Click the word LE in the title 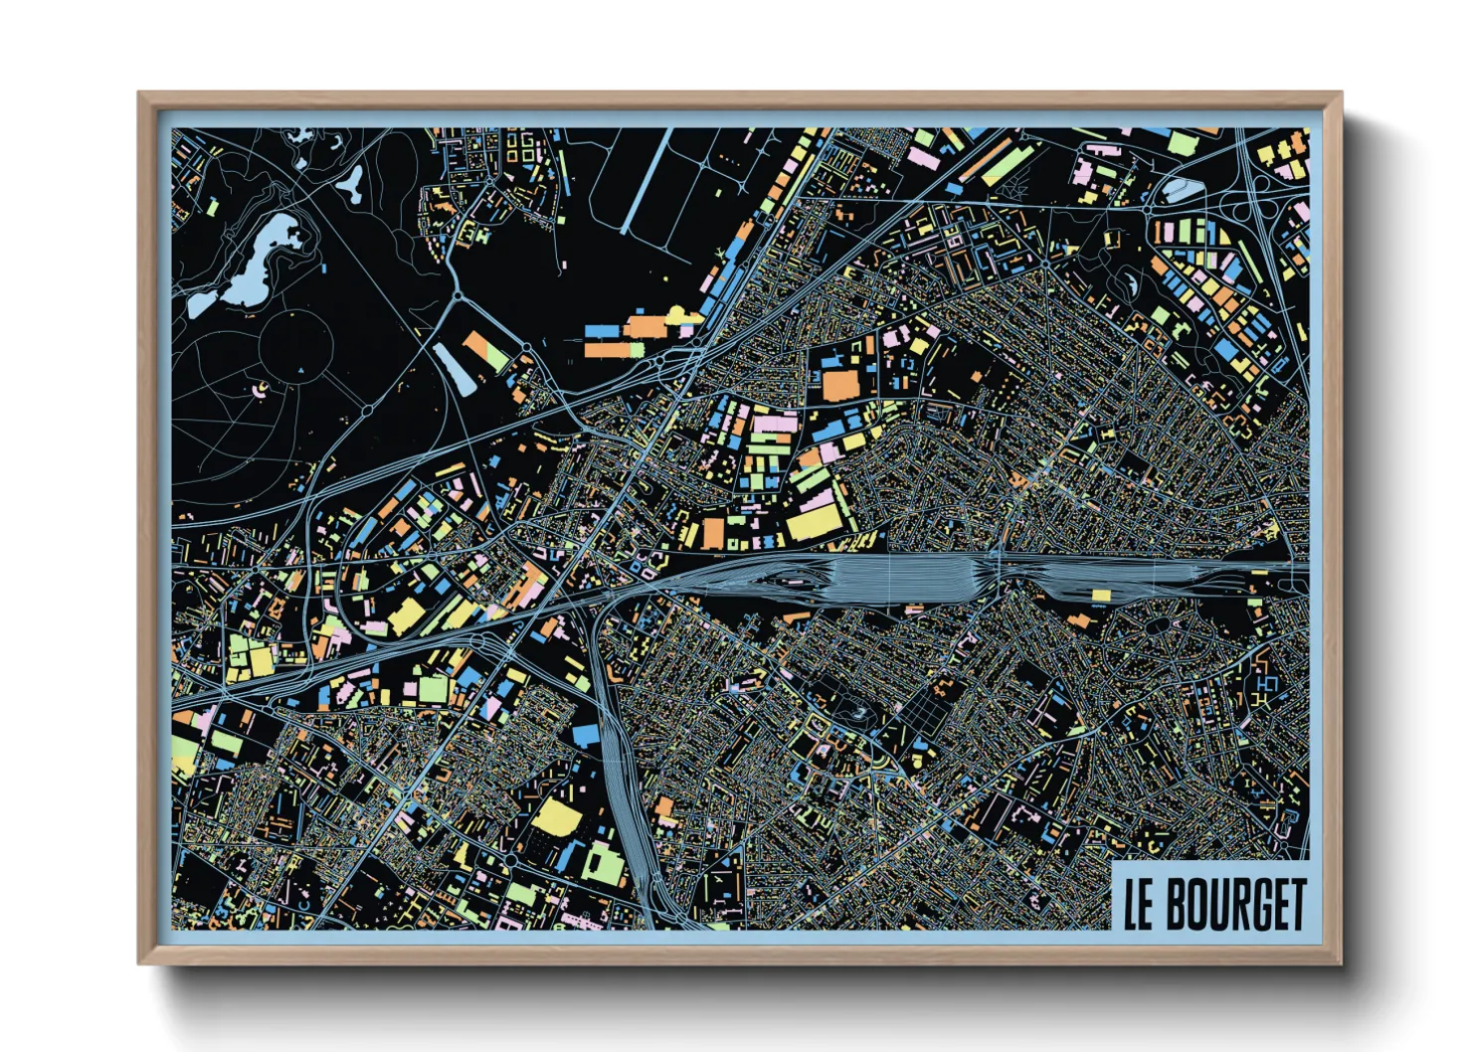(1139, 904)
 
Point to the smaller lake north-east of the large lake (351, 182)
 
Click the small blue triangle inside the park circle (300, 371)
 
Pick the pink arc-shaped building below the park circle (261, 389)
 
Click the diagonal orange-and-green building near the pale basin (486, 351)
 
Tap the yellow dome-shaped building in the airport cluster (680, 316)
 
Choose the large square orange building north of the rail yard (840, 385)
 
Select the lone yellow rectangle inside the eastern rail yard (1100, 596)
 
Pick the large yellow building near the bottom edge (557, 817)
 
